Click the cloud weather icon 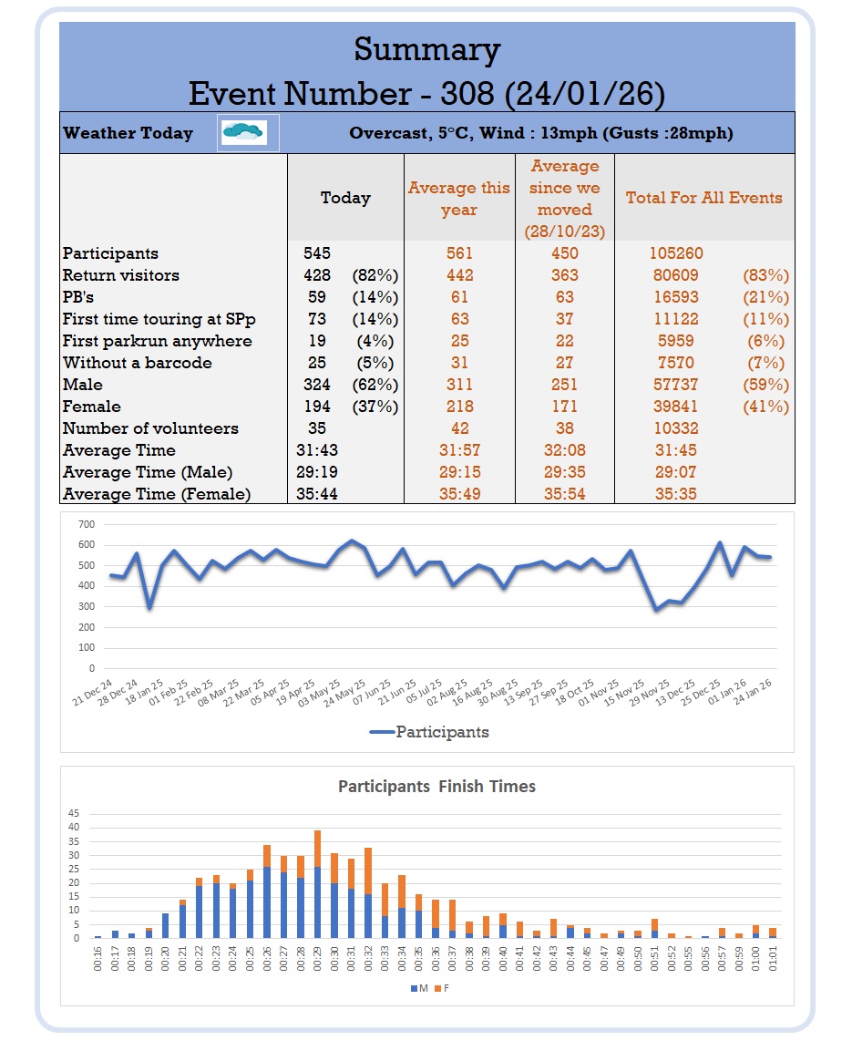pos(243,133)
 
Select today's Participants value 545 pos(316,253)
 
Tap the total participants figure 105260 pos(677,253)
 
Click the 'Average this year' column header pos(459,199)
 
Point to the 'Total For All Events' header pos(703,198)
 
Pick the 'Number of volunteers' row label pos(150,428)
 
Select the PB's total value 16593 pos(676,297)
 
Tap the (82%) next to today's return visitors pos(375,275)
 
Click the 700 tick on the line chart pos(87,524)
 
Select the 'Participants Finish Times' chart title pos(436,786)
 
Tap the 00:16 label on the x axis pos(98,956)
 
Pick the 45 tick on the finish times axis pos(75,814)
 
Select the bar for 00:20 pos(165,925)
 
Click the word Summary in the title pos(426,49)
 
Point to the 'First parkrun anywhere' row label pos(157,341)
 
